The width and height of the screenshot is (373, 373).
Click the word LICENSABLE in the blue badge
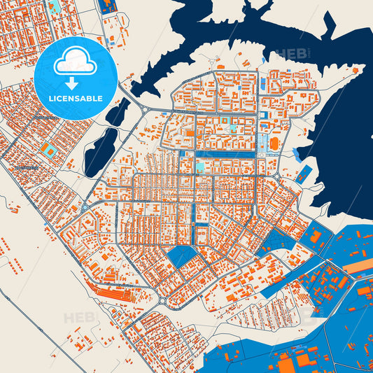pos(75,99)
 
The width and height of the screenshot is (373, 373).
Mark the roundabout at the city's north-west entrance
pos(145,109)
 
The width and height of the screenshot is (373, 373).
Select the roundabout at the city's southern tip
pos(162,301)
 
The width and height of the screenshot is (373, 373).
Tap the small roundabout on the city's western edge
pos(83,208)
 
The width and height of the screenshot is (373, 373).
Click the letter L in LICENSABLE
pos(50,99)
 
